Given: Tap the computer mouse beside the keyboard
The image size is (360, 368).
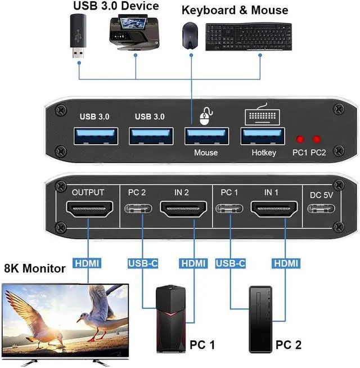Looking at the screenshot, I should [x=190, y=36].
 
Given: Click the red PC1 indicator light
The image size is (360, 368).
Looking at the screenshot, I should [x=301, y=139].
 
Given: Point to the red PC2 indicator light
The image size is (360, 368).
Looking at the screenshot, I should [x=318, y=139].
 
